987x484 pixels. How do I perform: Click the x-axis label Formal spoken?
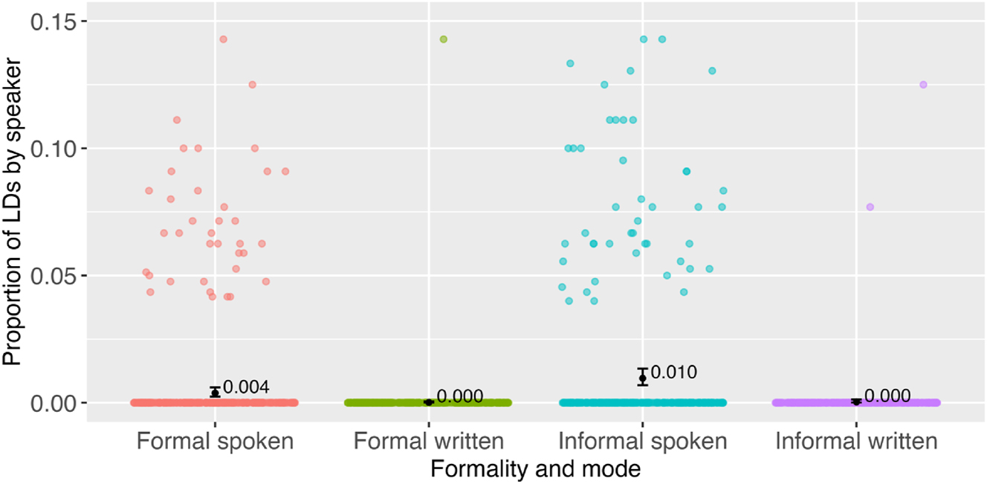215,442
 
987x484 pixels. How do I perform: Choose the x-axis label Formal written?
429,442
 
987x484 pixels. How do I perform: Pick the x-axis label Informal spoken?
643,442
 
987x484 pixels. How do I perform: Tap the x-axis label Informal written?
856,442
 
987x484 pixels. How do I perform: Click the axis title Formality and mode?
535,469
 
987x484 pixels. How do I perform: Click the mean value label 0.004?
245,387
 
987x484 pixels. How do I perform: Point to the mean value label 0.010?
673,372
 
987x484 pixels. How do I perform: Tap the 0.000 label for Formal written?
459,397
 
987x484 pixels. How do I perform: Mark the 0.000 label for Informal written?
887,396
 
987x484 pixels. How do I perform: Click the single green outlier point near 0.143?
444,39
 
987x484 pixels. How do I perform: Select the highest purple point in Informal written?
923,85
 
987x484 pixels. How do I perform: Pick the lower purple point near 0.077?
870,207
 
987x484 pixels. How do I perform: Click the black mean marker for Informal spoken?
643,378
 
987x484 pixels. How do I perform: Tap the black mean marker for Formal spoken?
215,393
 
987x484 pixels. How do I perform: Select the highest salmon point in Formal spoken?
223,39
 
